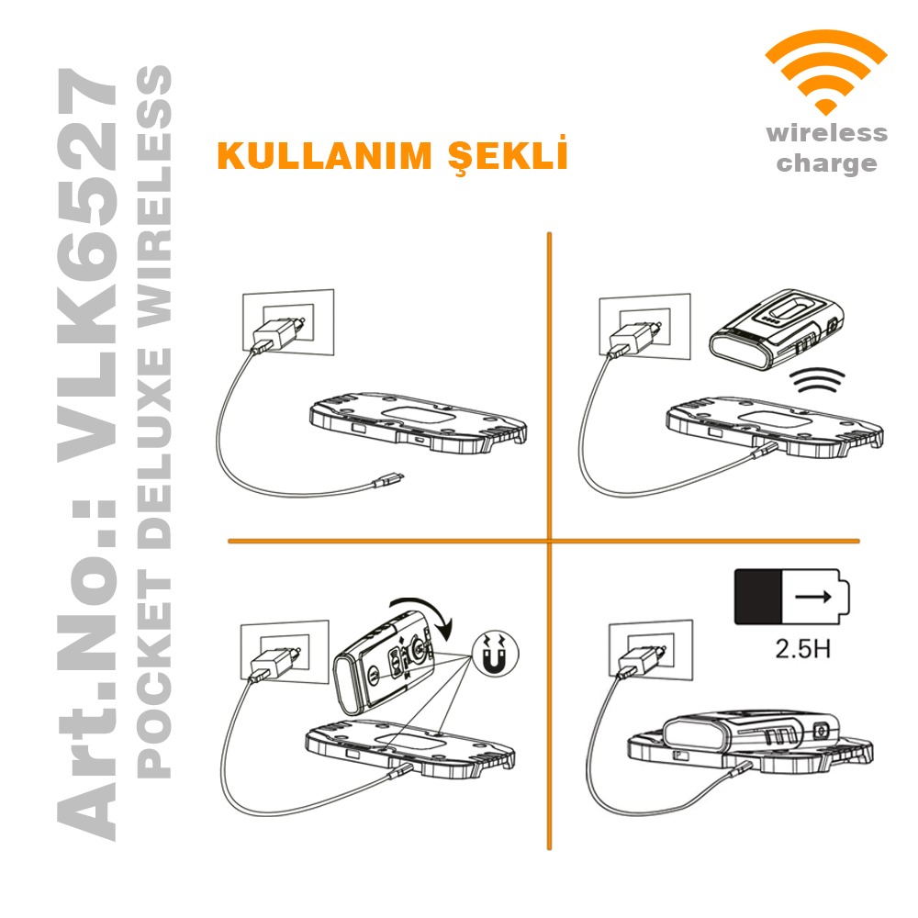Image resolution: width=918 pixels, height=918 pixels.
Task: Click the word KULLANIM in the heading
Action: [325, 156]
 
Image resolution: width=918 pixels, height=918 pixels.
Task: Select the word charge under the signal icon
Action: [827, 163]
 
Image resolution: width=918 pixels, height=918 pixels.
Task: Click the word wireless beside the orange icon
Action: [827, 133]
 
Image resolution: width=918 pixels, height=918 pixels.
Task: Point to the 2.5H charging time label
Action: [802, 649]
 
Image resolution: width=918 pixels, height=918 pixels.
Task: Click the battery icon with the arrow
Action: [791, 597]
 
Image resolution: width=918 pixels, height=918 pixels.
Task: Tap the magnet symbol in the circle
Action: [496, 654]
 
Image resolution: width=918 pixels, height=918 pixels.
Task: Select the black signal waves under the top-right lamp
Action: [817, 380]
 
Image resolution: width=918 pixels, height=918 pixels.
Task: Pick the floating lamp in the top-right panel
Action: [777, 330]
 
